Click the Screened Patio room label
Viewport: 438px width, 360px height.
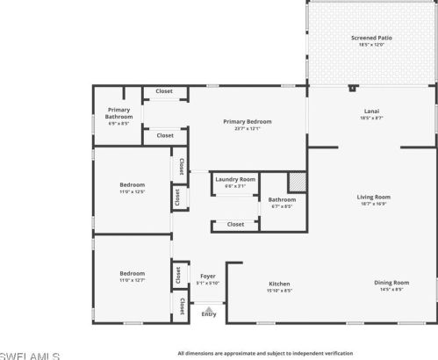pos(371,39)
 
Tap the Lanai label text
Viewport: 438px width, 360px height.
pos(371,111)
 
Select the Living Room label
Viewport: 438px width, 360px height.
pos(373,197)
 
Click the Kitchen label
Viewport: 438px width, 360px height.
pos(279,284)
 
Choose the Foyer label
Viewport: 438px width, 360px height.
pos(208,276)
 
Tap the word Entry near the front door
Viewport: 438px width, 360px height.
pos(208,313)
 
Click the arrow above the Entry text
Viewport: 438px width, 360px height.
pos(208,306)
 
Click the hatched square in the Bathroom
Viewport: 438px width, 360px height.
pos(298,180)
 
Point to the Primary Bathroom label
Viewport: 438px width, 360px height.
pos(118,113)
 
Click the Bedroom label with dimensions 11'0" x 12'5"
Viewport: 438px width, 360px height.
pos(132,184)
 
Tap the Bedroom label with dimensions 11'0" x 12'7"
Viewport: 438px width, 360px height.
pos(132,273)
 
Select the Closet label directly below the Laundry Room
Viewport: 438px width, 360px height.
pos(235,224)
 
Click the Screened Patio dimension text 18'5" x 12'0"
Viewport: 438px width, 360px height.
pos(371,46)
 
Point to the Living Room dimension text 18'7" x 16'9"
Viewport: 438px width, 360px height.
pos(373,204)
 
